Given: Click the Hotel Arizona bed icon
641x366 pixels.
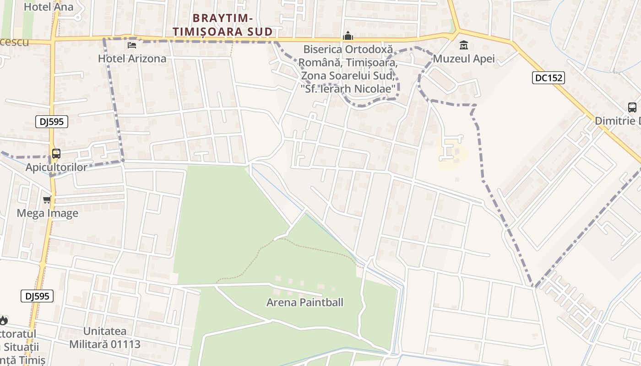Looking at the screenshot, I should pyautogui.click(x=132, y=45).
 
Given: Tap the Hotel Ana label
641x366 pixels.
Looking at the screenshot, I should pyautogui.click(x=48, y=7).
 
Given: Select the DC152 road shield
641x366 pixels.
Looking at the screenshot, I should pyautogui.click(x=548, y=78).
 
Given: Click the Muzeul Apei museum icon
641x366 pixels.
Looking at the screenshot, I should pyautogui.click(x=464, y=45).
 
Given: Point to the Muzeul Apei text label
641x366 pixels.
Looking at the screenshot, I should pyautogui.click(x=464, y=59).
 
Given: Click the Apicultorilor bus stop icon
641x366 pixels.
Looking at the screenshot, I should pyautogui.click(x=56, y=154).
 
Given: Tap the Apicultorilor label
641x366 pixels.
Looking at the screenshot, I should pyautogui.click(x=56, y=167).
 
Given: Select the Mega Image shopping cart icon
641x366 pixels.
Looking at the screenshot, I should pyautogui.click(x=47, y=199).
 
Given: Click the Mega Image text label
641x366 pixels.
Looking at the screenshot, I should pyautogui.click(x=47, y=213).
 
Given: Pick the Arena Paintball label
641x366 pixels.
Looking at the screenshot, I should pyautogui.click(x=305, y=302).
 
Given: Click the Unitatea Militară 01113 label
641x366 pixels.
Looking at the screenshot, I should pyautogui.click(x=105, y=338).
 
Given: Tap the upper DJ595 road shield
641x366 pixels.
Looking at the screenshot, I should pyautogui.click(x=52, y=121).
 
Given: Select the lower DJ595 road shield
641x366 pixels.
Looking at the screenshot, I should pyautogui.click(x=37, y=296).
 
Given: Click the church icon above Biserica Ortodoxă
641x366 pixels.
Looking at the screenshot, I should pyautogui.click(x=348, y=36).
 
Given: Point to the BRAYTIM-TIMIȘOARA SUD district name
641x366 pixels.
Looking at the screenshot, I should pyautogui.click(x=233, y=25).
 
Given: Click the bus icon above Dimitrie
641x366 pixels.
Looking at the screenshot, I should pyautogui.click(x=632, y=108).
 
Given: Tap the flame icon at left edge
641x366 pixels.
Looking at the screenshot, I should pyautogui.click(x=4, y=320).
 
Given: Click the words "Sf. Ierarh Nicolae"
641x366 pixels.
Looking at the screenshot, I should pyautogui.click(x=349, y=88).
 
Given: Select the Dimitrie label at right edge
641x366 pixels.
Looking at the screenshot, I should pyautogui.click(x=618, y=121).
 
